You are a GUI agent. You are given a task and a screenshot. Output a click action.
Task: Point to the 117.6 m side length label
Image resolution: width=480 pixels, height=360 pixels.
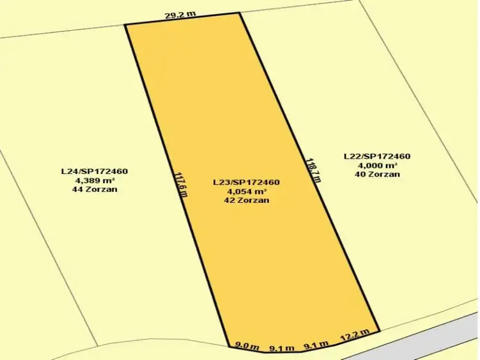click(x=181, y=183)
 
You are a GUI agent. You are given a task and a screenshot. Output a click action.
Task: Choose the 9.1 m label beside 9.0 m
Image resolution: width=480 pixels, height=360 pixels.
click(x=282, y=348)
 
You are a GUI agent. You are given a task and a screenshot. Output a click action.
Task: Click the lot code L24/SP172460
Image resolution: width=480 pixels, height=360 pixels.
click(x=95, y=171)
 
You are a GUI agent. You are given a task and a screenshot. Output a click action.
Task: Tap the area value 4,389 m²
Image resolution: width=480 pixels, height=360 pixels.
click(x=95, y=180)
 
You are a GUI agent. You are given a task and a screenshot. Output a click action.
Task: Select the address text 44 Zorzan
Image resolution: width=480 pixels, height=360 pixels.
click(x=95, y=189)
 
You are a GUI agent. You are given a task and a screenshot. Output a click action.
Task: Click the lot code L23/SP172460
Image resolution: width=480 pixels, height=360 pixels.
click(x=246, y=182)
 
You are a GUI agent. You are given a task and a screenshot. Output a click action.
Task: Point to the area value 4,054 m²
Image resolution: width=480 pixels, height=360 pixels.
click(x=246, y=191)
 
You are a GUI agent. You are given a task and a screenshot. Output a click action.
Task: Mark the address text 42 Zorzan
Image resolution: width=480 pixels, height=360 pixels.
click(x=246, y=200)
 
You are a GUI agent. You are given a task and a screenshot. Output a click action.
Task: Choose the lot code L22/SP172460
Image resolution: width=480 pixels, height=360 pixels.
click(x=377, y=156)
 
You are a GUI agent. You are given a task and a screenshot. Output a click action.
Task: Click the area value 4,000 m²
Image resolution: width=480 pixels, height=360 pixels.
click(x=377, y=165)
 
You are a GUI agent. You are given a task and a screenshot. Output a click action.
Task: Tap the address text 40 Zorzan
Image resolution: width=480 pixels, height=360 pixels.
click(x=377, y=174)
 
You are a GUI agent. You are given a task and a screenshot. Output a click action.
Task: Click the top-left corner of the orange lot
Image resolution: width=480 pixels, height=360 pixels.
click(x=125, y=25)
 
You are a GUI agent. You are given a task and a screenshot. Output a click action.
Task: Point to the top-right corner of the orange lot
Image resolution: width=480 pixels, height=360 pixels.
click(x=239, y=13)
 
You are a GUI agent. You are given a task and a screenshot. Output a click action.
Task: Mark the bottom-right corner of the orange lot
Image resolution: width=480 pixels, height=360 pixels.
click(x=380, y=331)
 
